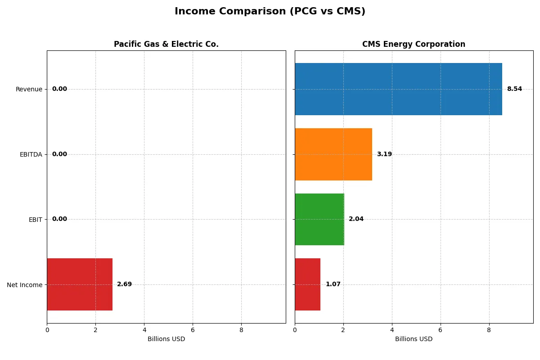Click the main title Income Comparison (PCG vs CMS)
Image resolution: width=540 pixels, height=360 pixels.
(x=270, y=12)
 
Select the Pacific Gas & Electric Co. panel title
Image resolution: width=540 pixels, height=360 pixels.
(x=166, y=44)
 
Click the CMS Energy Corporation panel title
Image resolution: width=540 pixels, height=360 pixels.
(x=414, y=44)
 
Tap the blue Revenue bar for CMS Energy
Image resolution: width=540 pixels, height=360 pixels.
(x=398, y=89)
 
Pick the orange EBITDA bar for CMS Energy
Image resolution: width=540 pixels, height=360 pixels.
(x=333, y=154)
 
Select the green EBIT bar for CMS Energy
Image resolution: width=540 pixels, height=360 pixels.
(x=319, y=219)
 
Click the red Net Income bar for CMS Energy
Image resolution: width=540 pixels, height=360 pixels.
(x=308, y=284)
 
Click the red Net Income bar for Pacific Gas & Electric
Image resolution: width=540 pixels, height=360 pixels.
(x=80, y=284)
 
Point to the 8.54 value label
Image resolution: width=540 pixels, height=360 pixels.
(x=514, y=89)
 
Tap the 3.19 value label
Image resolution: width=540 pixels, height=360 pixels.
(x=384, y=154)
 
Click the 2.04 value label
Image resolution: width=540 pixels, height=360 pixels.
(x=356, y=219)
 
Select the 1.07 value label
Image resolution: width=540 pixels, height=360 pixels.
(x=333, y=284)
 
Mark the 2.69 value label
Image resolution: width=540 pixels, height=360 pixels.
(x=124, y=284)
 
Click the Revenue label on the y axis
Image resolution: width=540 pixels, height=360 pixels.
(x=29, y=89)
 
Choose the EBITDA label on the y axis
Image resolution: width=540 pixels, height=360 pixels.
(x=31, y=154)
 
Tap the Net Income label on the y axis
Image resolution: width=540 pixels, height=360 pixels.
(x=24, y=285)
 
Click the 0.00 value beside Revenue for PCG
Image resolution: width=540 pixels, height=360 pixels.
(x=59, y=89)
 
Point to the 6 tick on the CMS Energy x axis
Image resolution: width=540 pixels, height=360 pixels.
(x=440, y=330)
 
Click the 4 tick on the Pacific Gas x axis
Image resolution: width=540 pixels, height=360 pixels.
(x=144, y=330)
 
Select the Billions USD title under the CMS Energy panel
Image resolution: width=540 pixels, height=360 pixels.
(x=414, y=339)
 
